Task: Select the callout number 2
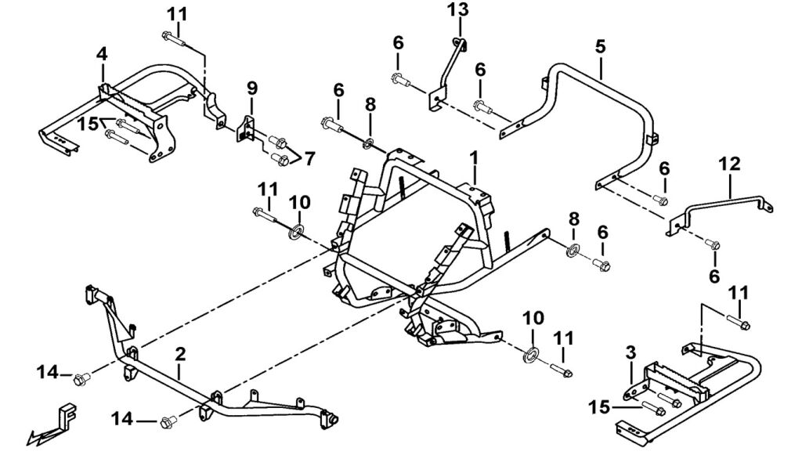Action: [181, 353]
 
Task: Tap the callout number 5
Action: [600, 46]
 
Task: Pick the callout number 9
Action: [251, 86]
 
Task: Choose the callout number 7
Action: [310, 158]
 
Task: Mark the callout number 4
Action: [102, 54]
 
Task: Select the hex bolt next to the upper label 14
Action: [80, 380]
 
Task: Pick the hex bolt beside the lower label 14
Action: [166, 423]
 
